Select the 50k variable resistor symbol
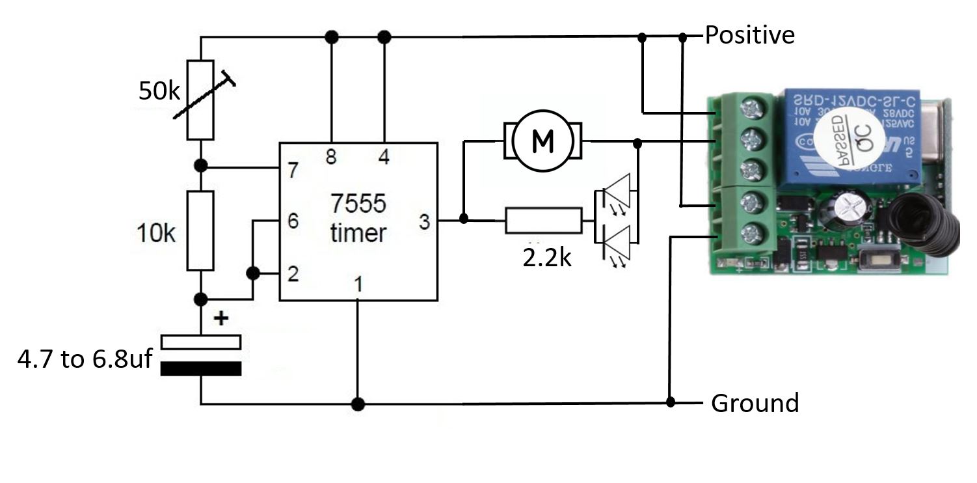pos(200,99)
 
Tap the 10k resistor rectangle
pos(200,230)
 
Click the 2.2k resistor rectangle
pos(544,221)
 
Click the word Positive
pos(749,34)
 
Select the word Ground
pos(755,404)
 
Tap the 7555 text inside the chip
pos(357,204)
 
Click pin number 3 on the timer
pos(424,223)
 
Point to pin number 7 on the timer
pos(293,171)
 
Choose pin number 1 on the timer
pos(358,284)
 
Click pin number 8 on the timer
pos(331,158)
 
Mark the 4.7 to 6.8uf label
pos(84,359)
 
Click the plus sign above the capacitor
pos(222,318)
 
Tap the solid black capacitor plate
pos(200,369)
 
